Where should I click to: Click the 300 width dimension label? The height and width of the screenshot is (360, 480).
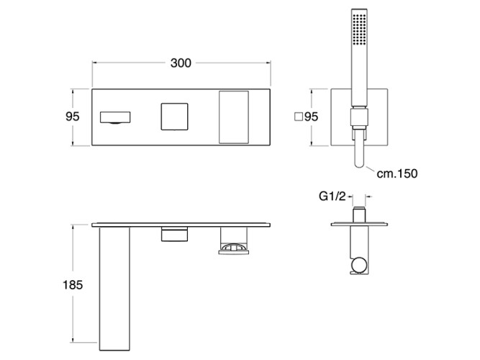pyautogui.click(x=181, y=63)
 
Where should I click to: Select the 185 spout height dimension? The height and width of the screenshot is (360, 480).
pyautogui.click(x=73, y=285)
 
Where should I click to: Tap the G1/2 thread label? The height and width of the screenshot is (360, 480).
pyautogui.click(x=332, y=196)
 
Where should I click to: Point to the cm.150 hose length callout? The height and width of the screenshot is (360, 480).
pyautogui.click(x=397, y=174)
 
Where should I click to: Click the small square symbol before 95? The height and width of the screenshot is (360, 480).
pyautogui.click(x=298, y=117)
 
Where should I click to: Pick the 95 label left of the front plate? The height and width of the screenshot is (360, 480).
pyautogui.click(x=73, y=117)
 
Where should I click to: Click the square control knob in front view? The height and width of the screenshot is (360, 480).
pyautogui.click(x=174, y=117)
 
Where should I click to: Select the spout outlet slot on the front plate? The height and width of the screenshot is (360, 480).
pyautogui.click(x=115, y=117)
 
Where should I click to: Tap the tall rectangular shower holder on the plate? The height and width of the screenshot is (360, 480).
pyautogui.click(x=234, y=117)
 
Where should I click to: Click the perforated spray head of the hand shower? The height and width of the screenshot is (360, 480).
pyautogui.click(x=359, y=27)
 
